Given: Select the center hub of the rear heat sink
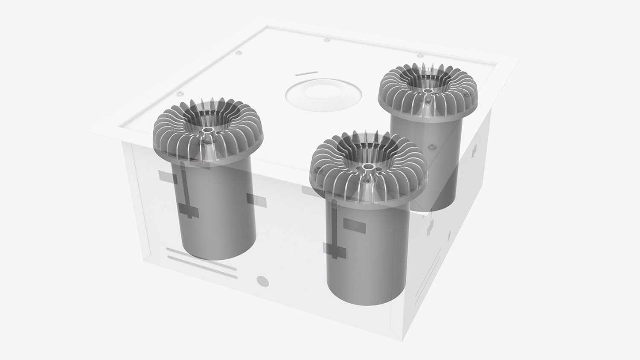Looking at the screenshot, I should tap(427, 91).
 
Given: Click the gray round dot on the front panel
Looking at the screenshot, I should tap(261, 281).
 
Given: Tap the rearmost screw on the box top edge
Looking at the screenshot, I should tap(327, 41).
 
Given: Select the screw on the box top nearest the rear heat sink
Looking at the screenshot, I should tap(420, 56).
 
